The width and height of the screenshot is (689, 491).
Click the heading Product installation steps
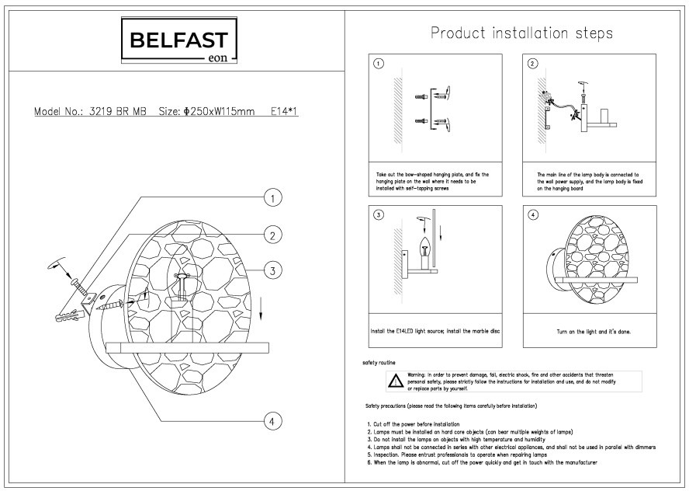tap(521, 33)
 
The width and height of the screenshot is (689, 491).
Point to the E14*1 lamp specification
tap(285, 112)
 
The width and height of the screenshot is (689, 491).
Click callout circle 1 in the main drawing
tap(272, 200)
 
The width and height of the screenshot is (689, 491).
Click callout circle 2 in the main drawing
tap(272, 235)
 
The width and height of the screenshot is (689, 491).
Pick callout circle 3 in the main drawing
tap(272, 270)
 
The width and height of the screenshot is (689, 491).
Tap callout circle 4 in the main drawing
tap(272, 422)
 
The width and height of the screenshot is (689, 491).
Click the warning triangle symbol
tap(396, 381)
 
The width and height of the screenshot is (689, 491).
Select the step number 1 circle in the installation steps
tap(378, 64)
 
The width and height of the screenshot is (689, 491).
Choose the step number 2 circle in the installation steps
tap(532, 64)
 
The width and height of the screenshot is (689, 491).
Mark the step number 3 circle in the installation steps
tap(378, 215)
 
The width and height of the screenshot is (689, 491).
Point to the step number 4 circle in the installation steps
tap(532, 215)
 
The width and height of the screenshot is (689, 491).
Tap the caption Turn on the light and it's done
tap(594, 332)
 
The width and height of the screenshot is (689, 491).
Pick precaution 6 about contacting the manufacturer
tap(481, 462)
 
